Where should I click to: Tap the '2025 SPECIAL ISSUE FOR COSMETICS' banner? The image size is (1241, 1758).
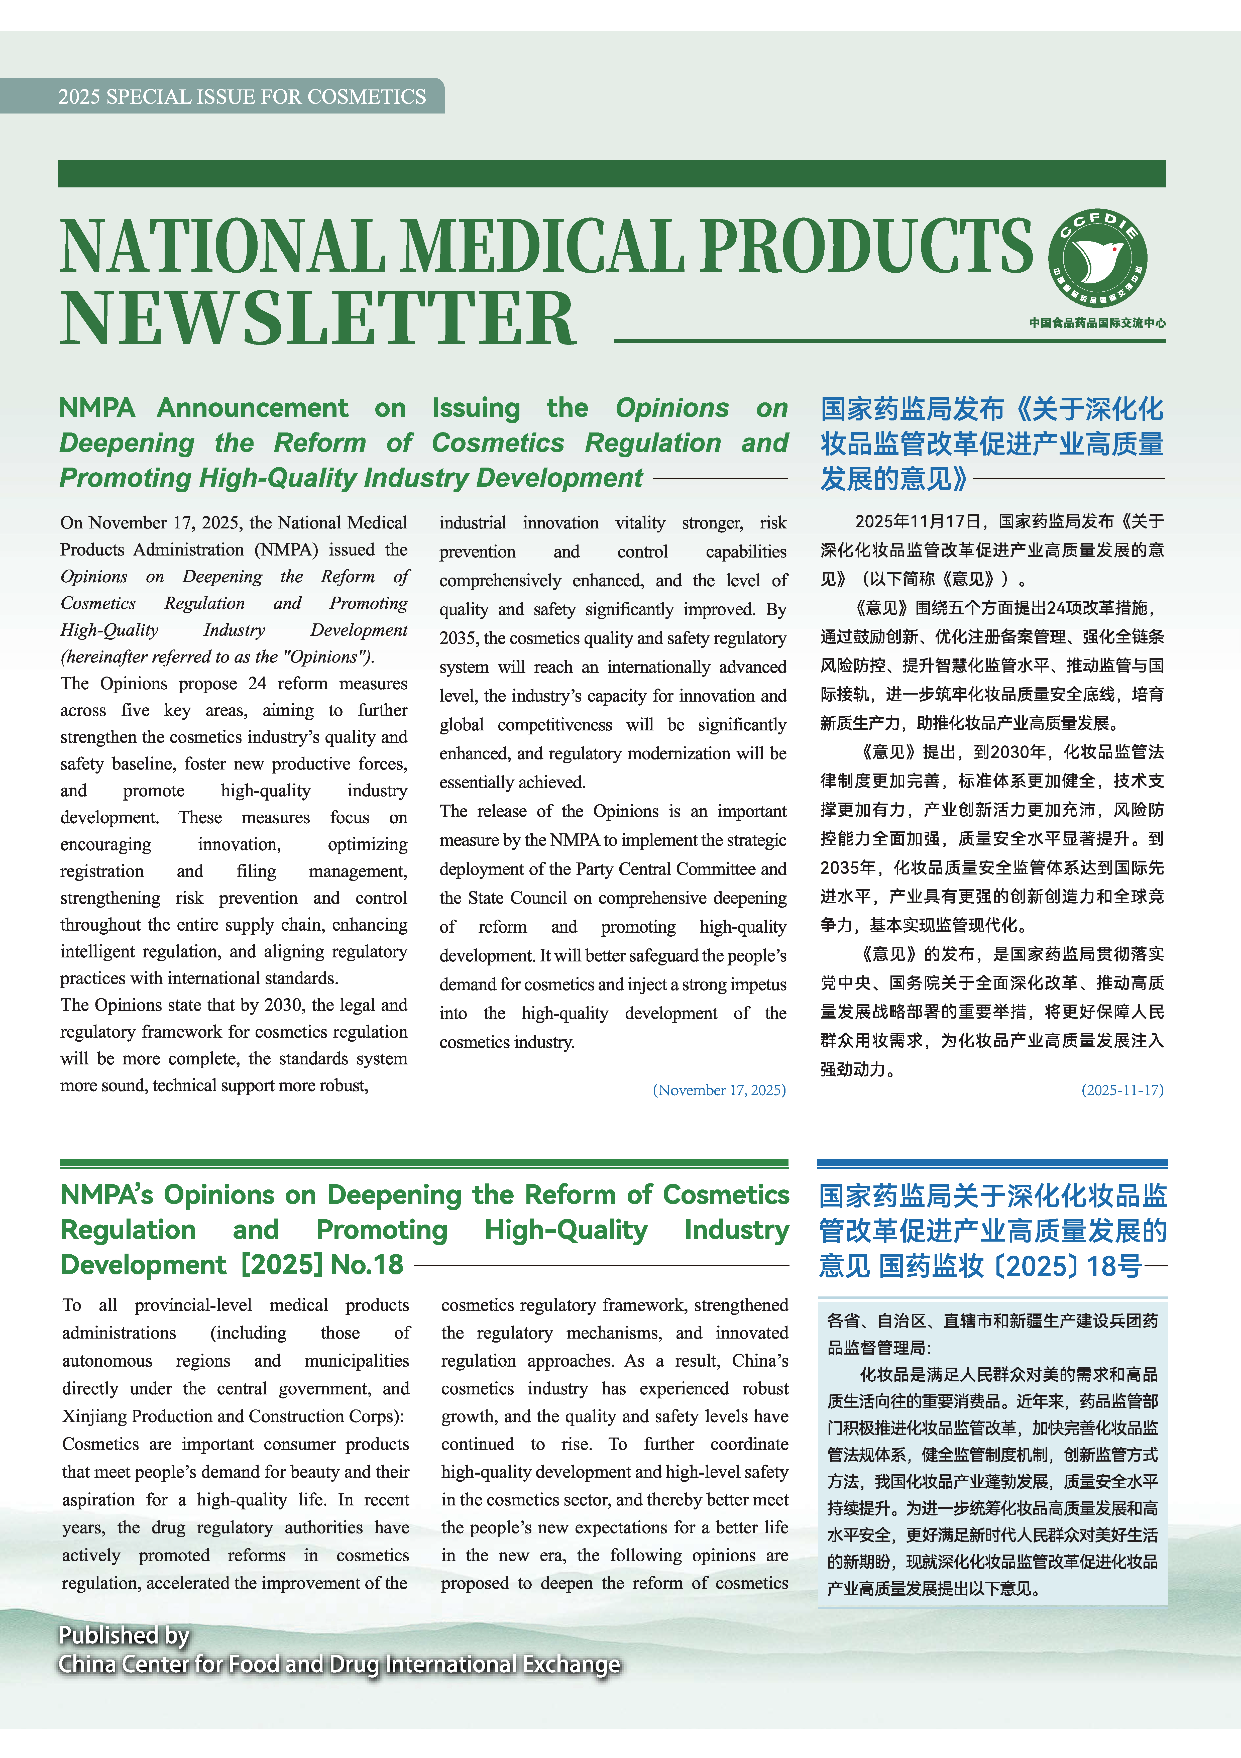click(242, 96)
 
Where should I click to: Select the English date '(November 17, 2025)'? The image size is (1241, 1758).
click(719, 1089)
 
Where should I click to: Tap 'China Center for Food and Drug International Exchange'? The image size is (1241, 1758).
click(339, 1665)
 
